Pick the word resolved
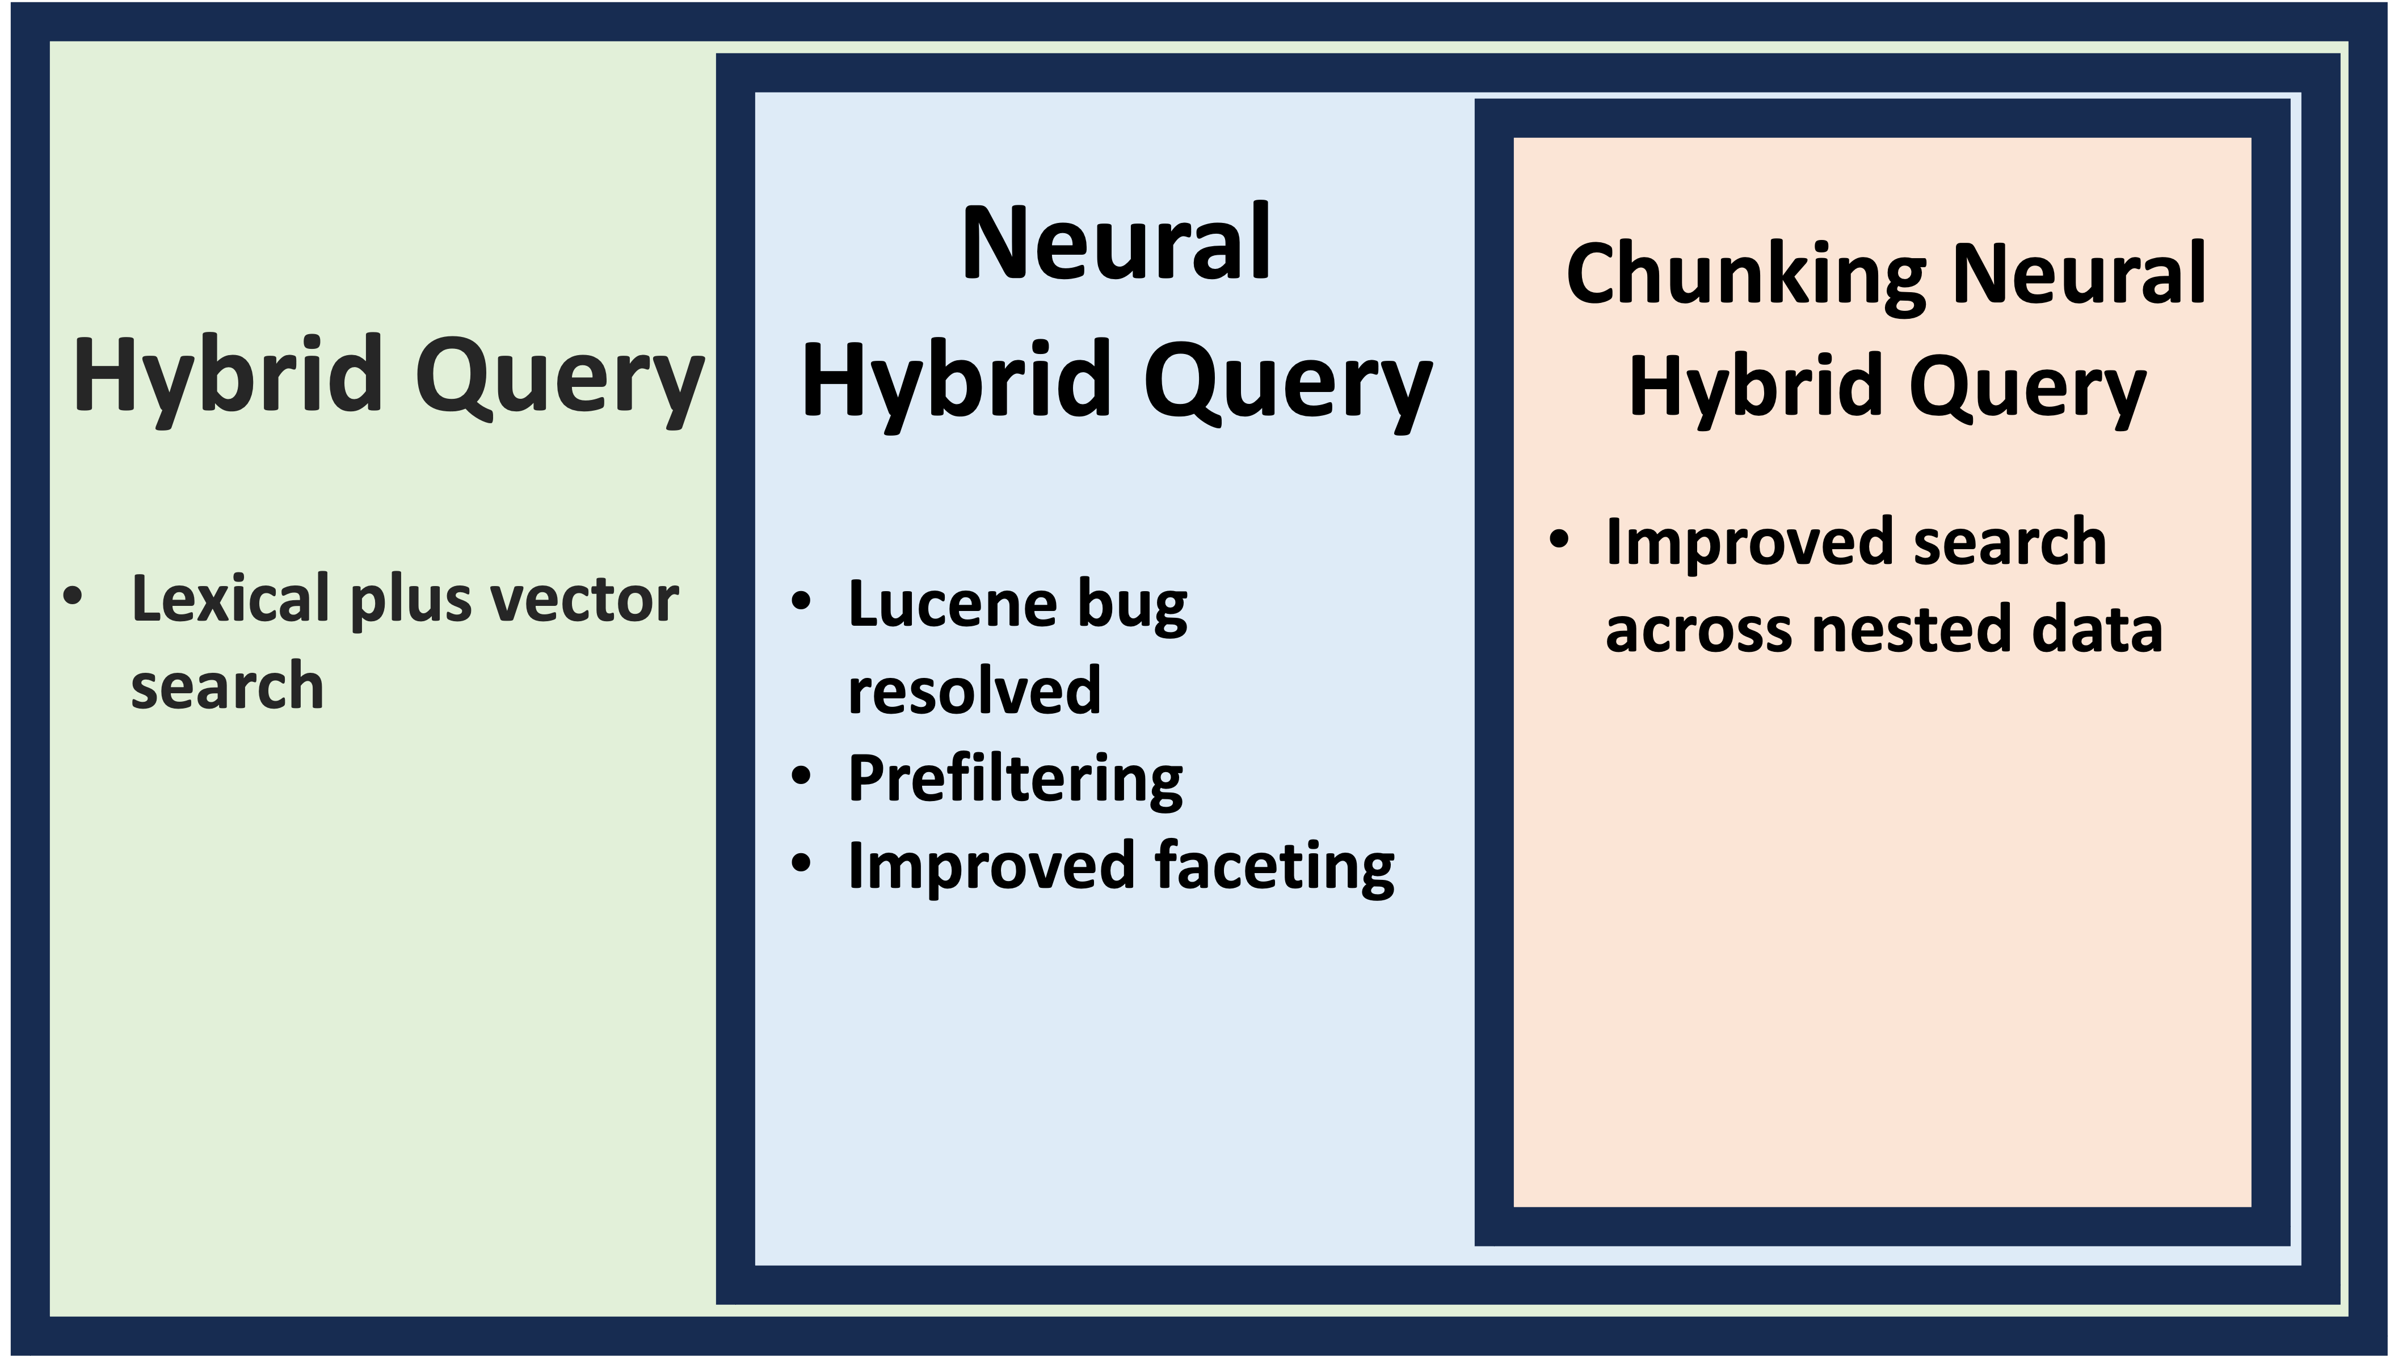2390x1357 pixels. pos(974,690)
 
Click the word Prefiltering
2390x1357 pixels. pos(1015,778)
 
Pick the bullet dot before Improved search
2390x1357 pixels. pos(1559,540)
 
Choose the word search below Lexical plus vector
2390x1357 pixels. pos(228,686)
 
